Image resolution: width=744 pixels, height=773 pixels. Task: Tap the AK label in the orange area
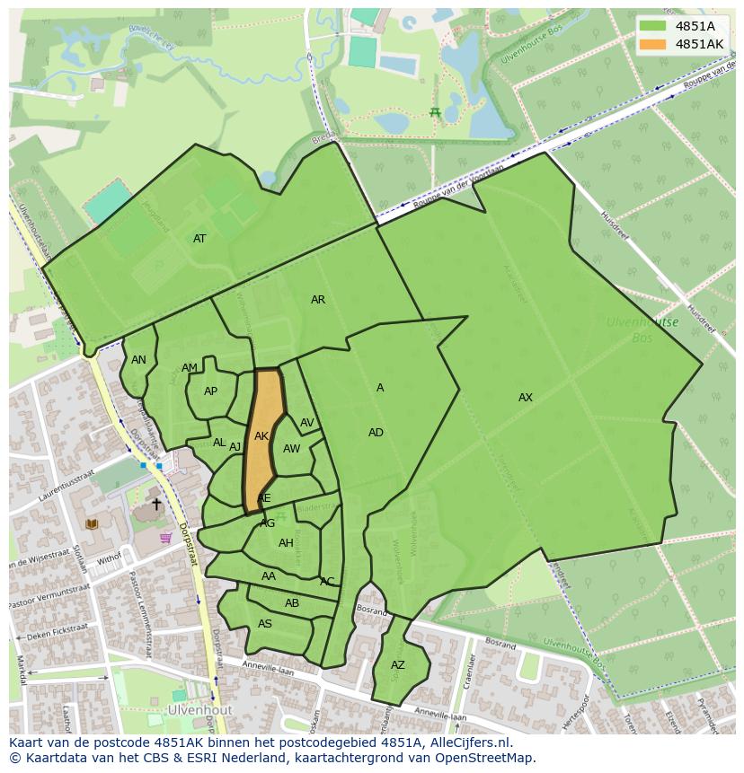point(261,436)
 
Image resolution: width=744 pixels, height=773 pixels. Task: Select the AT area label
point(199,239)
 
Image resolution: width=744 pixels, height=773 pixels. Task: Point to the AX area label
point(526,398)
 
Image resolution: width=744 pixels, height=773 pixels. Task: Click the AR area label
point(318,300)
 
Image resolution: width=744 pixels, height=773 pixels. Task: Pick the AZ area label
point(398,665)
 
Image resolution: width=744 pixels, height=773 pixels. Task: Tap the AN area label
point(138,360)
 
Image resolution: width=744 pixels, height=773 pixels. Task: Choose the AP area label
point(210,391)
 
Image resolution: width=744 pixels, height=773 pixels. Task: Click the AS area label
point(265,624)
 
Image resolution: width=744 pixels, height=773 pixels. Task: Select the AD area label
point(376,433)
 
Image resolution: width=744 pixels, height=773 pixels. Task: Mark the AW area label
point(291,449)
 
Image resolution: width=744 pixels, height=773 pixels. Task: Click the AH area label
point(286,543)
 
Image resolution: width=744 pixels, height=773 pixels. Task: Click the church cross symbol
point(156,505)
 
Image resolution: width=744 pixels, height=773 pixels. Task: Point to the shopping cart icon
point(165,538)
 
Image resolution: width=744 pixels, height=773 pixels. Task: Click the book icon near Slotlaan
point(90,523)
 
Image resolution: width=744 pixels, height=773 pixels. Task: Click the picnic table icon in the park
point(435,112)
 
